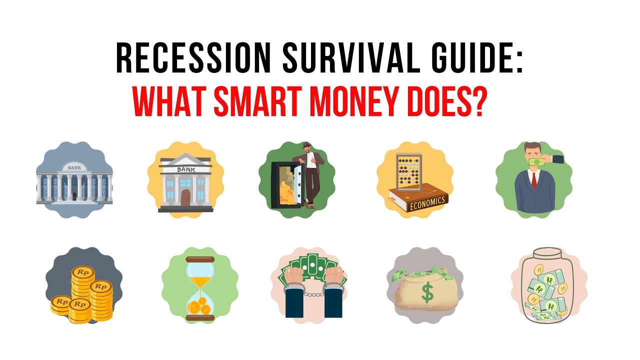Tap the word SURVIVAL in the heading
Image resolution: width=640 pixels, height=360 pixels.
[341, 59]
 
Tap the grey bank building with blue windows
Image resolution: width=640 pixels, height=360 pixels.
[73, 185]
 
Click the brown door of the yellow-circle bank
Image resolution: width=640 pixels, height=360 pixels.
[185, 196]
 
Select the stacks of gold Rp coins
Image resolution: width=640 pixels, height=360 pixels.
[82, 295]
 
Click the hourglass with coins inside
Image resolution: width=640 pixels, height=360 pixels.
[200, 288]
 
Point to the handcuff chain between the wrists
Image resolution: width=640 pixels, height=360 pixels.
[309, 293]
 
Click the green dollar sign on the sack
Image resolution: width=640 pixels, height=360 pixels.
[427, 293]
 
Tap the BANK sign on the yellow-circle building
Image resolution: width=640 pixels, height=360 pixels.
[185, 169]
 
